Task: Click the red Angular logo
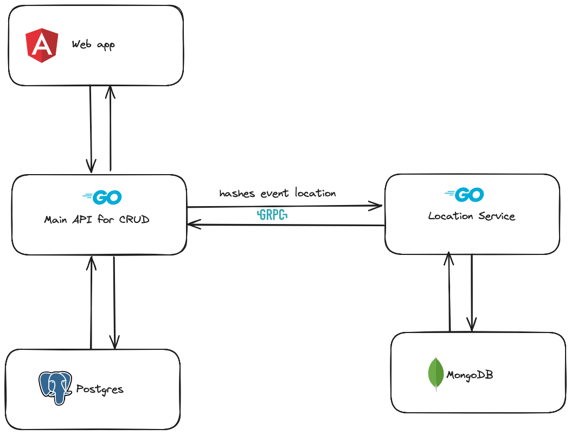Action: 42,46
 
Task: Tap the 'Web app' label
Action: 93,45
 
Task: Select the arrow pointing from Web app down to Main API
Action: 91,128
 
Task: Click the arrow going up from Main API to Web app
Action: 110,128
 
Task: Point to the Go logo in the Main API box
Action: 102,197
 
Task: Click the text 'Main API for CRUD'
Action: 97,220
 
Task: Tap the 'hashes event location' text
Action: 277,193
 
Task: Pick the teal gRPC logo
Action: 272,215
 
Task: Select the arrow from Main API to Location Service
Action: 285,206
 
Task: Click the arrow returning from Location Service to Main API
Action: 285,225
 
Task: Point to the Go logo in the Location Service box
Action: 464,195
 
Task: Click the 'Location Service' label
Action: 471,216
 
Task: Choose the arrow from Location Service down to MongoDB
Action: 472,293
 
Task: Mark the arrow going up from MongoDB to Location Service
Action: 449,293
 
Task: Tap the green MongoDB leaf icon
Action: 436,373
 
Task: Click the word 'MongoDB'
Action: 469,375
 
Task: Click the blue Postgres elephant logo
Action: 55,387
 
